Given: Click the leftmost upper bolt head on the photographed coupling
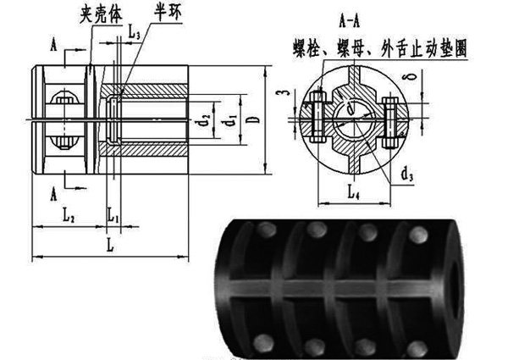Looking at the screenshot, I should coord(267,229).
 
